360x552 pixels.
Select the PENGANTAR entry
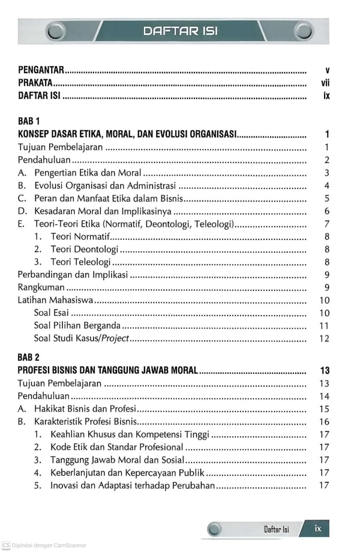point(41,70)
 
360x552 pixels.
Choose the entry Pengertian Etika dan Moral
point(88,173)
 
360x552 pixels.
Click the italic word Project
point(115,339)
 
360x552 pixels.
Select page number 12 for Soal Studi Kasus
point(325,339)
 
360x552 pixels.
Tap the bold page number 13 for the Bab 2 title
point(325,371)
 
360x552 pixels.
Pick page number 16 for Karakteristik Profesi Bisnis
point(325,422)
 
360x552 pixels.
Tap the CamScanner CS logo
point(5,545)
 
